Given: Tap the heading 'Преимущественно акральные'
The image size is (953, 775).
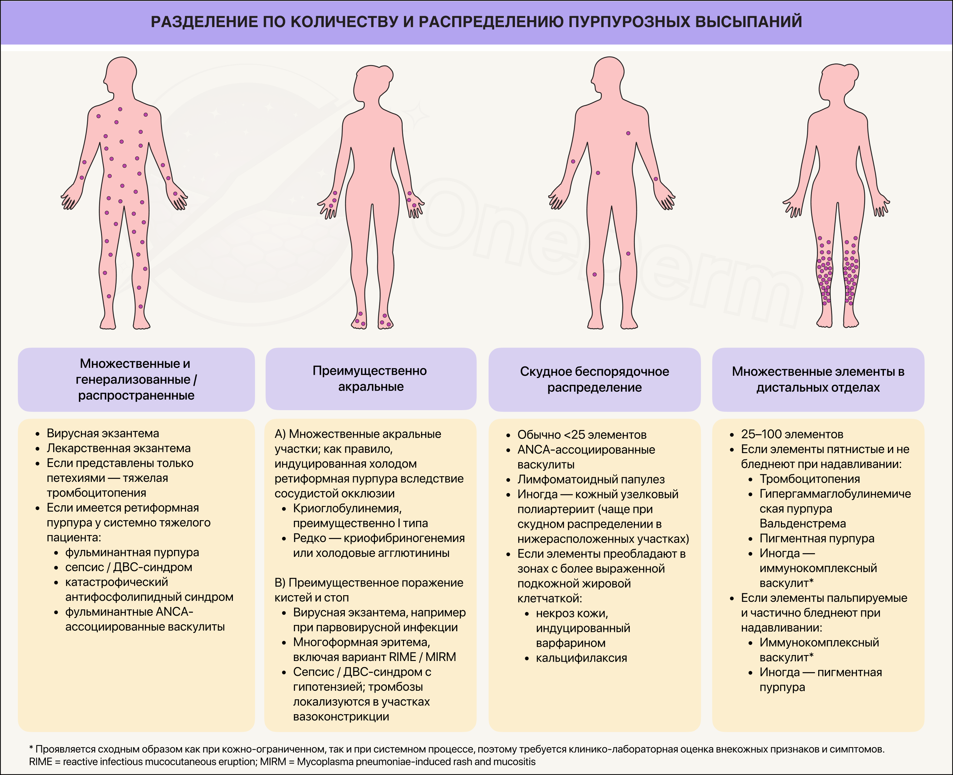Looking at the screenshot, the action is (370, 378).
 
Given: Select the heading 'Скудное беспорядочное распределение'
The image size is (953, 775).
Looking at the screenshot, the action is (594, 379).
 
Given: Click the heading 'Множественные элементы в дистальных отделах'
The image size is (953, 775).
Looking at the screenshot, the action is (818, 379).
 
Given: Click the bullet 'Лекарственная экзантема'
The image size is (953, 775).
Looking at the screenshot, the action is (119, 448).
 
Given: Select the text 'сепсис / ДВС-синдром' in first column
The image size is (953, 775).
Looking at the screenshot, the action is (128, 567).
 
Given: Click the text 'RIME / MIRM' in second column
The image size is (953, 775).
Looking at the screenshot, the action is (422, 657).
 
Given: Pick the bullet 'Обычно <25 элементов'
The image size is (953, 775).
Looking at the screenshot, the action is (582, 434).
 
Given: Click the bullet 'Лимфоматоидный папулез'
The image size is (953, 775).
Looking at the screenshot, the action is (591, 480).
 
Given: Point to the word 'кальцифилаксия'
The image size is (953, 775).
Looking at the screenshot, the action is (581, 658).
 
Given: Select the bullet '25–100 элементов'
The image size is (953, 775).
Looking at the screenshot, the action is (792, 434).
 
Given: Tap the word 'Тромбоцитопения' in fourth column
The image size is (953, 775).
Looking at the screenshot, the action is (810, 479).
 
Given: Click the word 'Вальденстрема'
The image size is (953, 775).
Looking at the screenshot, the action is (803, 523).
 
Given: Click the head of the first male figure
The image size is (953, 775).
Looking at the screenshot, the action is (121, 74).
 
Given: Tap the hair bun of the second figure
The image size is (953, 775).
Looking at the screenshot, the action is (386, 73).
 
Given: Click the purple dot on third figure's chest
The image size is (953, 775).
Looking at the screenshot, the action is (628, 133).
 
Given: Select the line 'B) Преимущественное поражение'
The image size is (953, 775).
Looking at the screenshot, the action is (369, 583).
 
